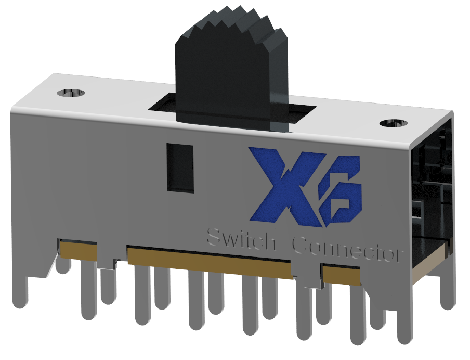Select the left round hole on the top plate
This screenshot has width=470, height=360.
click(x=70, y=93)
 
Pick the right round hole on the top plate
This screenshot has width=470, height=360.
click(x=394, y=123)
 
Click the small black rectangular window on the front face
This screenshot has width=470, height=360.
click(x=180, y=168)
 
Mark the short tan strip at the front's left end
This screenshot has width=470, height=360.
click(x=79, y=251)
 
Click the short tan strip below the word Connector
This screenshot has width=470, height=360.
click(x=341, y=275)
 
